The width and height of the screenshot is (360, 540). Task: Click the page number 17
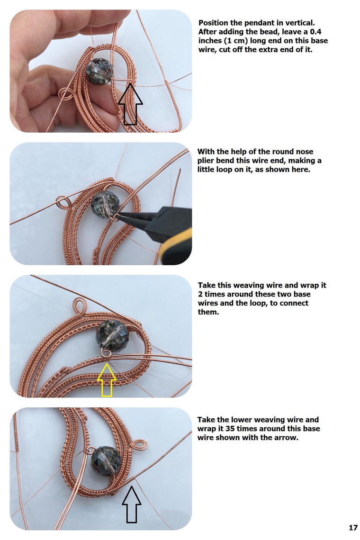[353, 527]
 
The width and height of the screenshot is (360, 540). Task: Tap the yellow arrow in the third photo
[107, 380]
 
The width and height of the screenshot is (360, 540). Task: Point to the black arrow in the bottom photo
[131, 504]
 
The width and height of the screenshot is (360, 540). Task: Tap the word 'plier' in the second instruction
[206, 161]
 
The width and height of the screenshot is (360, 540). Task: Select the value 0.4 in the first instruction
[315, 32]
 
